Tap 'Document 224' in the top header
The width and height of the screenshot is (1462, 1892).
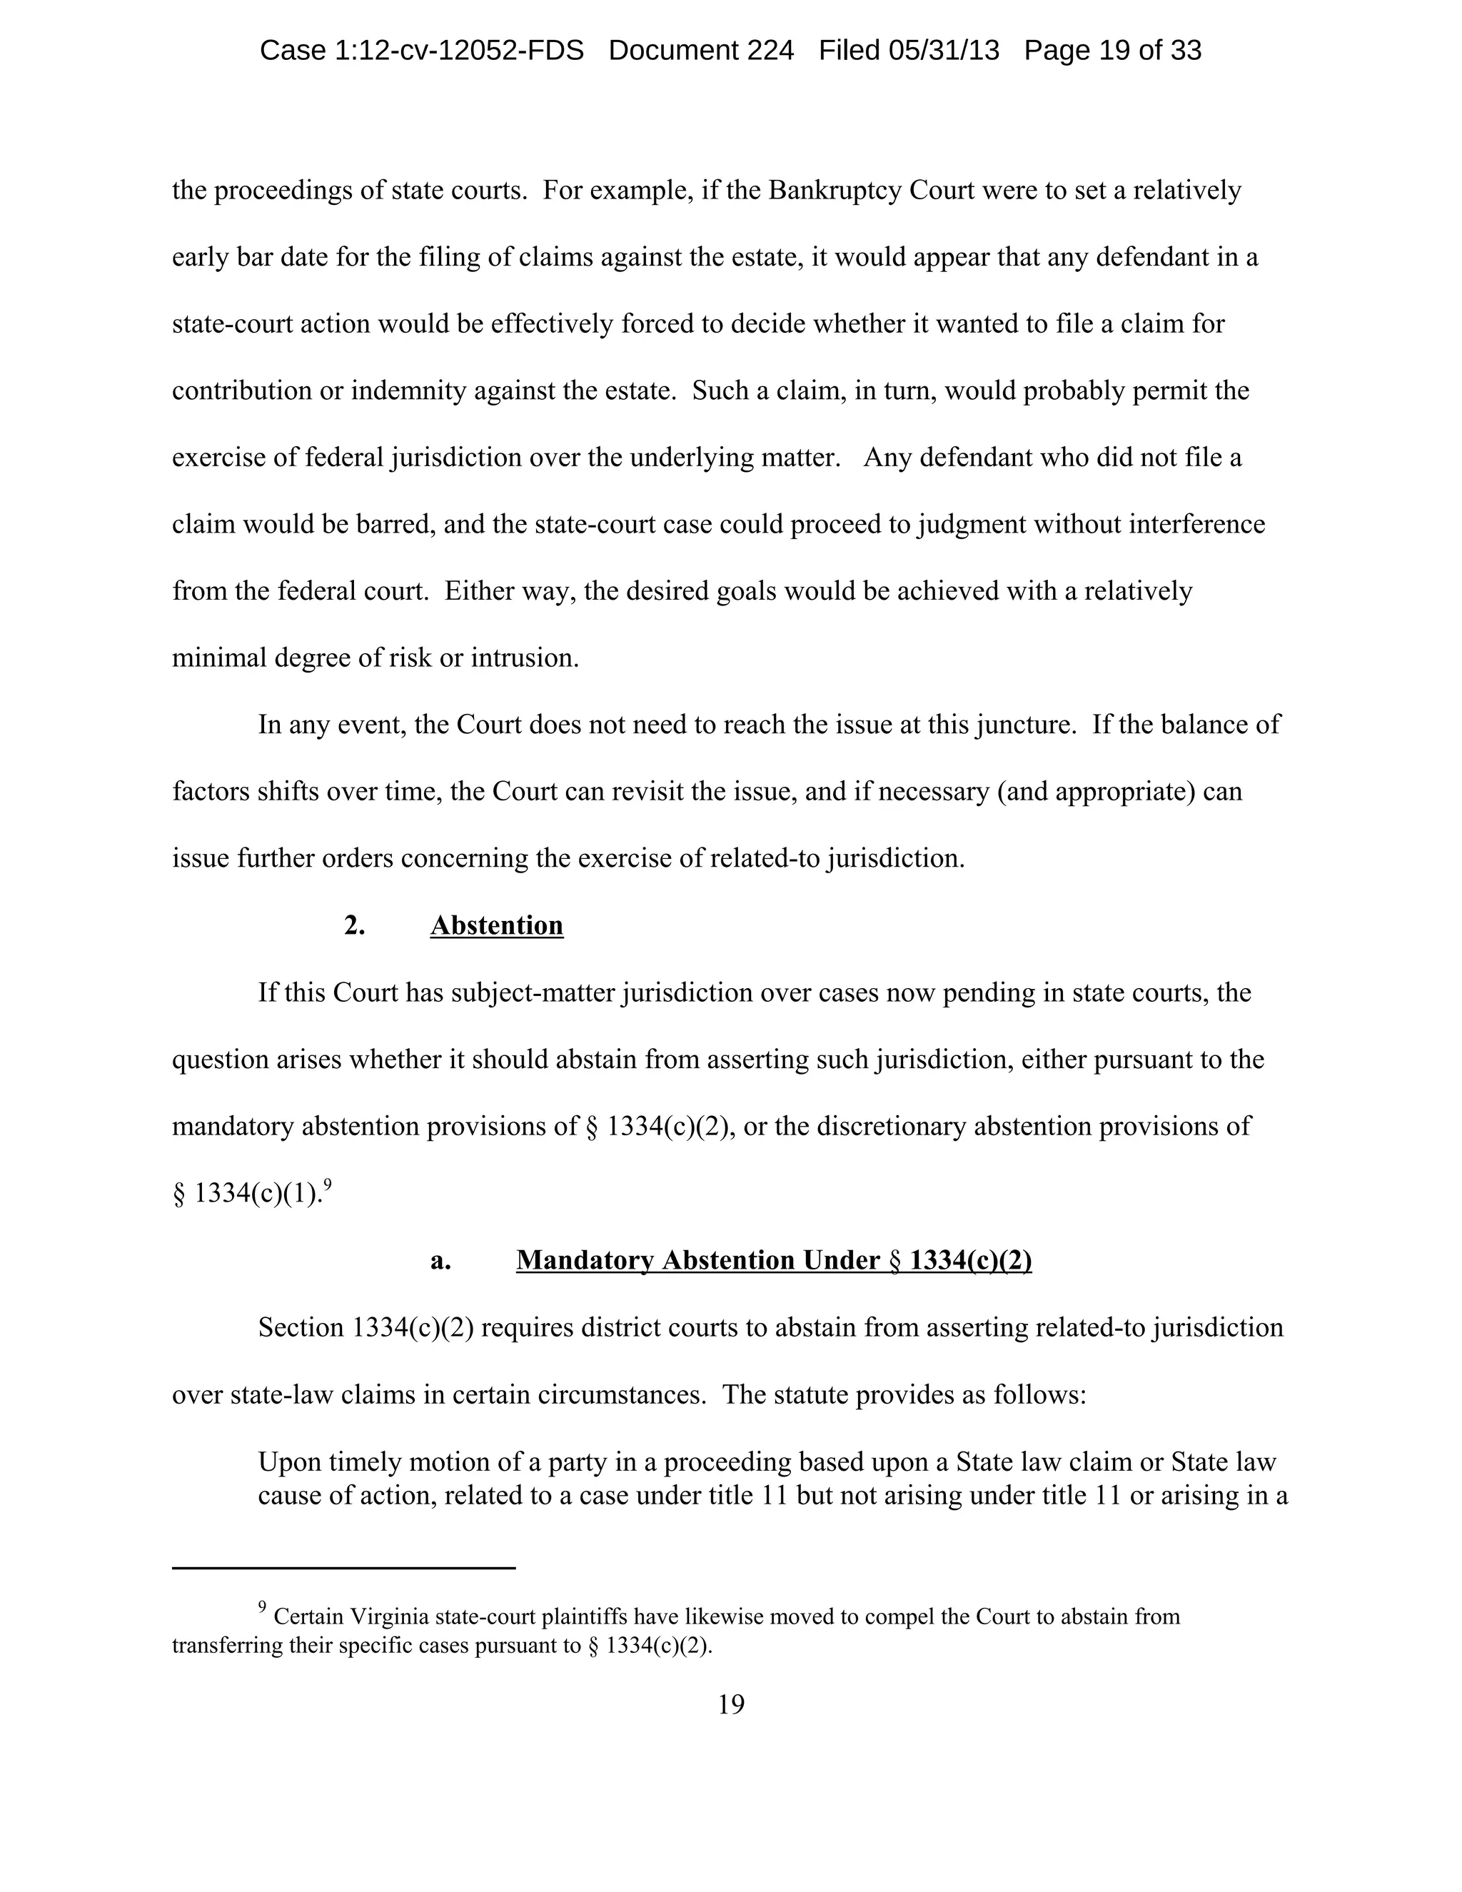[701, 50]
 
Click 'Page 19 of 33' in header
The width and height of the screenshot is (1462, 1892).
[1112, 50]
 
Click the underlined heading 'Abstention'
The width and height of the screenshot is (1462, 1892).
[496, 926]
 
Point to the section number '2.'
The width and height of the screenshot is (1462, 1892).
[354, 926]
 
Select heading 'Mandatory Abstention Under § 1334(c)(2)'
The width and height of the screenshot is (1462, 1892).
[773, 1260]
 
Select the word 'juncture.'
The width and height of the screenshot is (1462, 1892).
[1024, 725]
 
